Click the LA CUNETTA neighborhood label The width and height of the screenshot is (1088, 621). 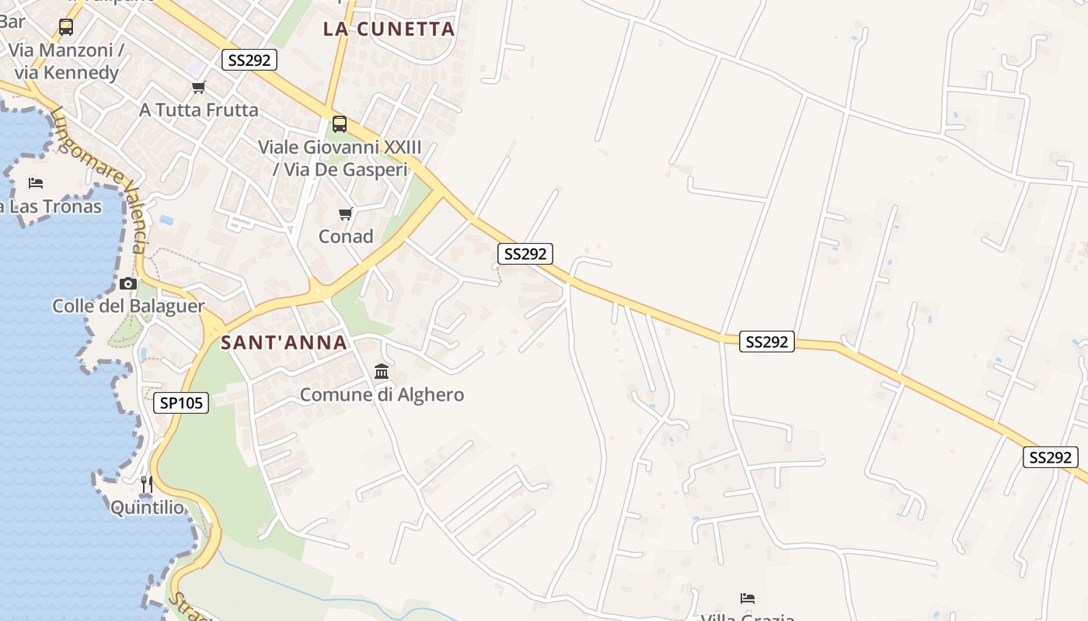[x=389, y=29]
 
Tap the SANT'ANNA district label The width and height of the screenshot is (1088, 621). [x=284, y=342]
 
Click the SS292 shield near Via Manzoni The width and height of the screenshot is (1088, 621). [x=249, y=60]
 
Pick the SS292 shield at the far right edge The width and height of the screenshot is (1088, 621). [x=1050, y=457]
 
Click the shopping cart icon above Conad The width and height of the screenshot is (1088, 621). [x=346, y=213]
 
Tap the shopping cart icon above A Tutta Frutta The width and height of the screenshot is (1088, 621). [x=199, y=87]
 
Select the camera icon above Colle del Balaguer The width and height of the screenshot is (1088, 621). [x=128, y=283]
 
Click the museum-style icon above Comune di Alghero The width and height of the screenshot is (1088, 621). [x=382, y=372]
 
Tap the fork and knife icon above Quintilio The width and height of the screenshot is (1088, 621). [x=146, y=484]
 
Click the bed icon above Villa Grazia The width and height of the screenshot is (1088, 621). [x=748, y=598]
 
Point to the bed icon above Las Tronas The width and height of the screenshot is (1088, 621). [x=36, y=183]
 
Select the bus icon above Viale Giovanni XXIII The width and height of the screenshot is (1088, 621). [x=340, y=123]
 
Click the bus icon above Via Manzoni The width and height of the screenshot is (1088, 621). [x=66, y=27]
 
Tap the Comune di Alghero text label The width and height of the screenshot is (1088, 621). [x=382, y=394]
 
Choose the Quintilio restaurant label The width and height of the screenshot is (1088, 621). [x=148, y=508]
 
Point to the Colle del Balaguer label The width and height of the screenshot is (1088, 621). [x=128, y=306]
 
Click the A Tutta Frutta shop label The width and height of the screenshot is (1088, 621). [x=199, y=110]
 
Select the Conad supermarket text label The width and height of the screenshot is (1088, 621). [x=346, y=236]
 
